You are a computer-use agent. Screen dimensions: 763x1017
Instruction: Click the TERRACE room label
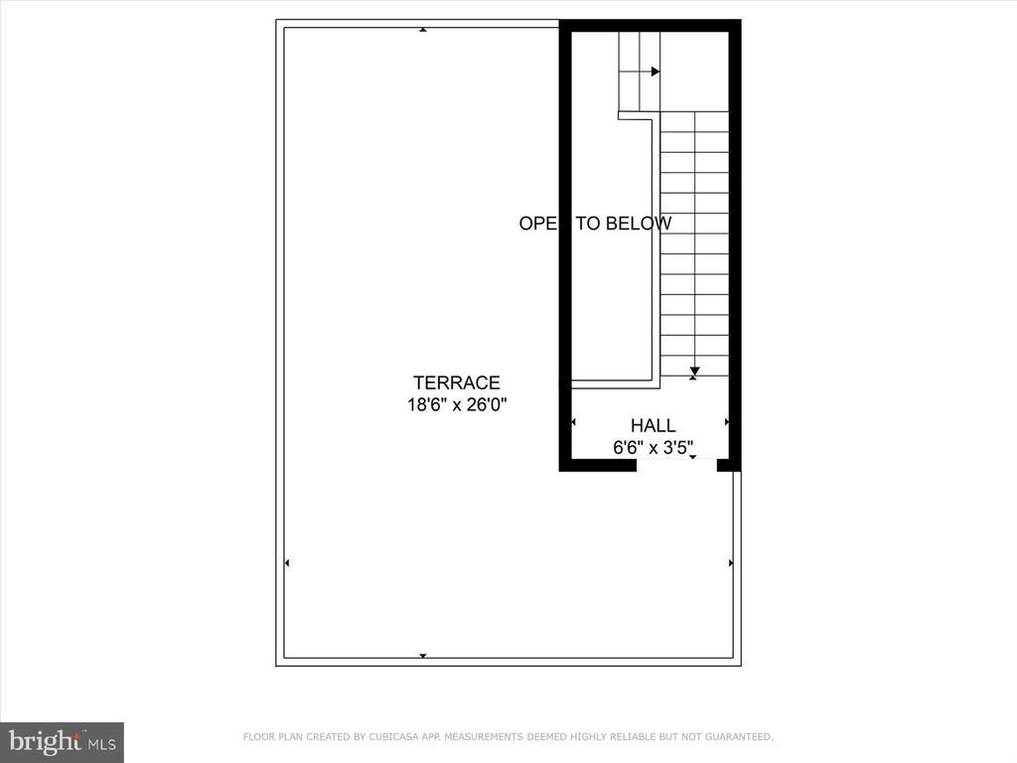point(457,382)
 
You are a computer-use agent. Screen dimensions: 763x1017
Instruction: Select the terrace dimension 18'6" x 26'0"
point(457,404)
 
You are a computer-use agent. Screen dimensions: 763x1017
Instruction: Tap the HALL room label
point(653,426)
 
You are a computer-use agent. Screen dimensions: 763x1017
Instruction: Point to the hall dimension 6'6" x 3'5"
point(653,448)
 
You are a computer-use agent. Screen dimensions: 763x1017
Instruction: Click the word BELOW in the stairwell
point(639,224)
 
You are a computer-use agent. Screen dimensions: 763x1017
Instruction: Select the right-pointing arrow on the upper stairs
point(654,72)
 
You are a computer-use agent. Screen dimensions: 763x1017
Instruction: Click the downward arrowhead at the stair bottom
point(694,372)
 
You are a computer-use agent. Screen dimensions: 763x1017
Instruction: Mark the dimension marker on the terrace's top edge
point(423,30)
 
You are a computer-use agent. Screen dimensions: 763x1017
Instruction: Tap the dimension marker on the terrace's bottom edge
point(423,656)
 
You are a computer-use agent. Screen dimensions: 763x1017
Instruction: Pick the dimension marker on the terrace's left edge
point(287,563)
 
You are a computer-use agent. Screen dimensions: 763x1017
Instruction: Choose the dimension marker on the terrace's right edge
point(731,563)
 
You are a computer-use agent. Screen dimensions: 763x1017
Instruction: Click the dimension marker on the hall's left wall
point(573,422)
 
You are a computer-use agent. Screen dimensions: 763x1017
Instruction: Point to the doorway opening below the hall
point(676,464)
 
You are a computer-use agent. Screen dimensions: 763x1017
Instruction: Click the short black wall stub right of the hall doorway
point(729,464)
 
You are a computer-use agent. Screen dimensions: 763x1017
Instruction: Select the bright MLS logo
point(62,741)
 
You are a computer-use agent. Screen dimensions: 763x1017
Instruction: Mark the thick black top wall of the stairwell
point(651,25)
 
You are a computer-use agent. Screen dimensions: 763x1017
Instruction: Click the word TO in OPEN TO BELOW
point(590,224)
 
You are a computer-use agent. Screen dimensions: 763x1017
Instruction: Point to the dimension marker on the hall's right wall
point(727,422)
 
